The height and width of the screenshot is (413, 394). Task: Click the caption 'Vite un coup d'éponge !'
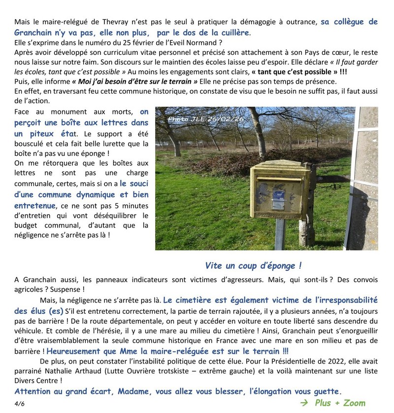tap(253, 265)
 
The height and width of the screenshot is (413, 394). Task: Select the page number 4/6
tap(19, 403)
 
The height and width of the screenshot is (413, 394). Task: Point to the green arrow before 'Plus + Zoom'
tap(305, 403)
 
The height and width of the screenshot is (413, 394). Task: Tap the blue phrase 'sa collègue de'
tap(349, 22)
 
